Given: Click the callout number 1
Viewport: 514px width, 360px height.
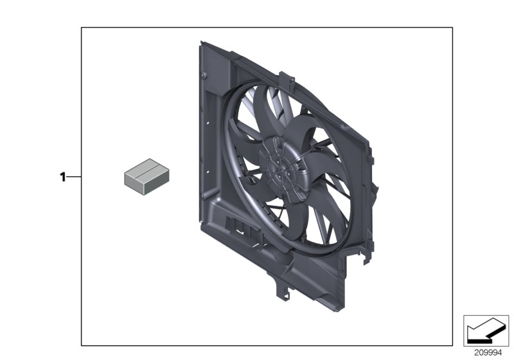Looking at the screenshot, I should [x=63, y=177].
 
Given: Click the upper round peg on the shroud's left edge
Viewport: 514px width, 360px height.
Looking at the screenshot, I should [x=204, y=76].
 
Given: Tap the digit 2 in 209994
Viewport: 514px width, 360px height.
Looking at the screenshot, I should [x=476, y=352].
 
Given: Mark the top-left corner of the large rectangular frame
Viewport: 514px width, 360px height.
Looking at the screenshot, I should [x=81, y=28].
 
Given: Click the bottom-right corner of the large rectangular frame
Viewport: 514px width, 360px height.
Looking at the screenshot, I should [x=452, y=345].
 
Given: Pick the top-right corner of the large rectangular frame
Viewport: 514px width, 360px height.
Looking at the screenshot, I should [x=452, y=28].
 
